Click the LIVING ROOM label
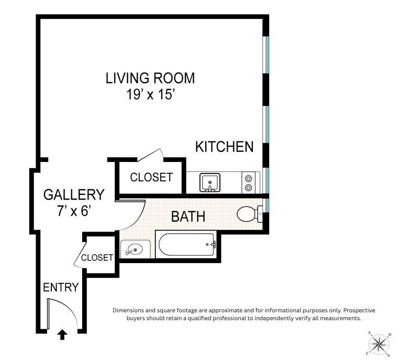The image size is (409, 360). tap(150, 79)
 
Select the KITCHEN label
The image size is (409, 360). tap(224, 147)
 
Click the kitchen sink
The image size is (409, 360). tap(210, 183)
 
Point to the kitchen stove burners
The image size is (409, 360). tap(249, 183)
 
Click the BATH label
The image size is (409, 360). tap(188, 216)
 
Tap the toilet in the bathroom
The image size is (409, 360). tap(247, 214)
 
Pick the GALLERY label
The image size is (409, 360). tap(73, 194)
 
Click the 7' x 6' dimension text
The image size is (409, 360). tap(73, 212)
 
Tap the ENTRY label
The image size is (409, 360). tap(61, 287)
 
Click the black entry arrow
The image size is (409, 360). tap(62, 334)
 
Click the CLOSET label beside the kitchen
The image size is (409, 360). tap(151, 178)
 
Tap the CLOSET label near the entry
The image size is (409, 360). tap(97, 258)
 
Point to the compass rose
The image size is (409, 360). tap(379, 344)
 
